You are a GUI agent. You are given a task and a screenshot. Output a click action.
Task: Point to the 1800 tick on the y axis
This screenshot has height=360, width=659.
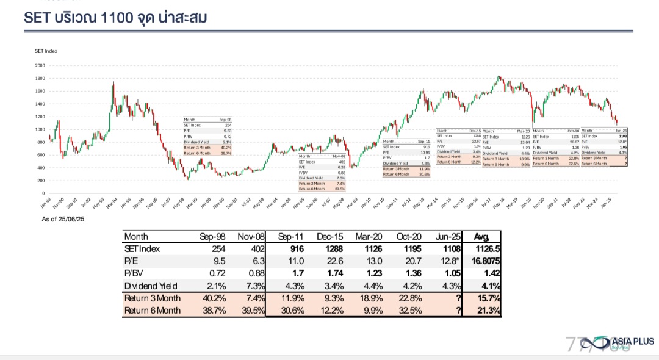[x=40, y=78]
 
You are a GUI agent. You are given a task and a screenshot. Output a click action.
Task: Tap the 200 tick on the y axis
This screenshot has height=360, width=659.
[x=41, y=181]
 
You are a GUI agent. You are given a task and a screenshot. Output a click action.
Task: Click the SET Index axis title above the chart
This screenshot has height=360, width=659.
[x=46, y=51]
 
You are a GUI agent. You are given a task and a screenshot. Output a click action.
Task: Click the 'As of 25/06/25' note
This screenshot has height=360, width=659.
[x=63, y=219]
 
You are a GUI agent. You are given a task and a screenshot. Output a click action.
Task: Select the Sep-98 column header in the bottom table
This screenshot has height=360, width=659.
[x=212, y=236]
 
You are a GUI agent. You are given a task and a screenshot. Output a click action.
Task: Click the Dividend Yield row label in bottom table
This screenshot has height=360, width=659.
[x=151, y=286]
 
